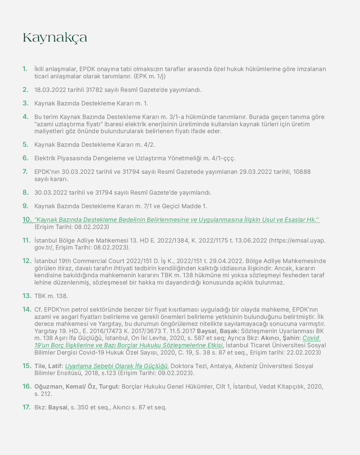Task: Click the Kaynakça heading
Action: click(x=55, y=38)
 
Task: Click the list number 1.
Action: click(x=25, y=69)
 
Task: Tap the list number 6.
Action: click(x=25, y=158)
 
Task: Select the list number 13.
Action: click(x=27, y=296)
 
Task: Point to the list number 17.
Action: click(x=26, y=407)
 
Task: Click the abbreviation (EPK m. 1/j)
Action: click(x=150, y=76)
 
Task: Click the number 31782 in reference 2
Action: click(x=94, y=90)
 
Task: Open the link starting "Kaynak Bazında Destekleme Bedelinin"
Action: click(x=177, y=220)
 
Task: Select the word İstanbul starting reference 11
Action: click(x=45, y=241)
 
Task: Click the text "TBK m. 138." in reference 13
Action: click(x=51, y=296)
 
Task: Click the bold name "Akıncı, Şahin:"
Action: click(x=281, y=338)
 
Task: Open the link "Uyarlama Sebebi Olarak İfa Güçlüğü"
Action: click(x=116, y=366)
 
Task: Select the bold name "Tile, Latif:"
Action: click(x=49, y=366)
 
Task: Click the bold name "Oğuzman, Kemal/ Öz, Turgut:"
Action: click(x=77, y=387)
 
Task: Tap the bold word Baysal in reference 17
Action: click(x=58, y=407)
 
